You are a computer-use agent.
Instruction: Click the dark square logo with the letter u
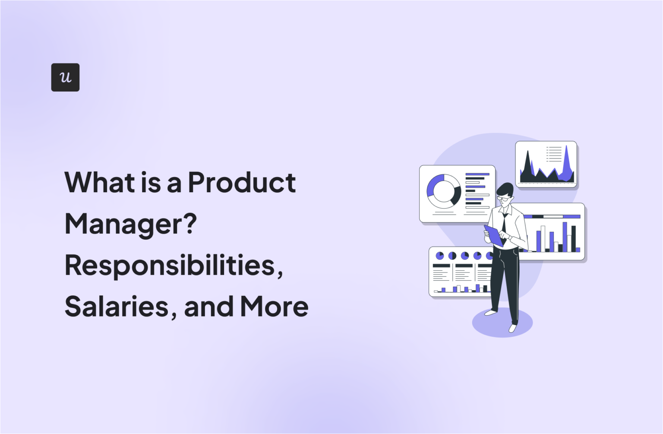(65, 77)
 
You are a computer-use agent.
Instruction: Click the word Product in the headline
(242, 183)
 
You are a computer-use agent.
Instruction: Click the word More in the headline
(274, 307)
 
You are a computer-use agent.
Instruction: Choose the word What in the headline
(100, 183)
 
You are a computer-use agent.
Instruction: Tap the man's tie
(504, 223)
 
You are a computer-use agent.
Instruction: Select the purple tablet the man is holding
(493, 235)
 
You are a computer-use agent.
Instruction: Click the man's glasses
(503, 199)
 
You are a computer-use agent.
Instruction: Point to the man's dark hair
(505, 189)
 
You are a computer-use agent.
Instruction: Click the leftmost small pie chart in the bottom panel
(439, 256)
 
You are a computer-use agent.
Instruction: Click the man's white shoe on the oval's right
(513, 328)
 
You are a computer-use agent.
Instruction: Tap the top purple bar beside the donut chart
(477, 174)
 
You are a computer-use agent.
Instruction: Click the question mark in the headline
(189, 224)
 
